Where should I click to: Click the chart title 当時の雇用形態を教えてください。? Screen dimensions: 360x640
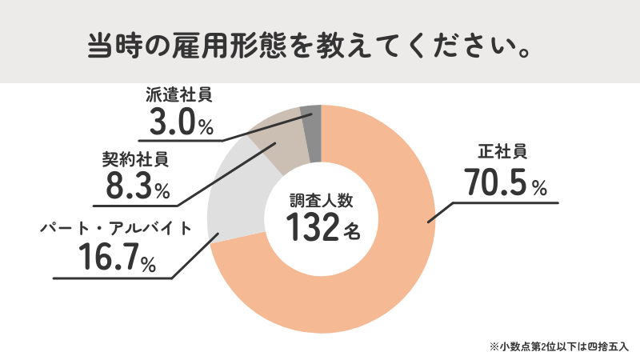(307, 45)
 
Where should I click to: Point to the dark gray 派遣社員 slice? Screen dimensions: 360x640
(311, 116)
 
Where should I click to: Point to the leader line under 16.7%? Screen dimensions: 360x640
(112, 278)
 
